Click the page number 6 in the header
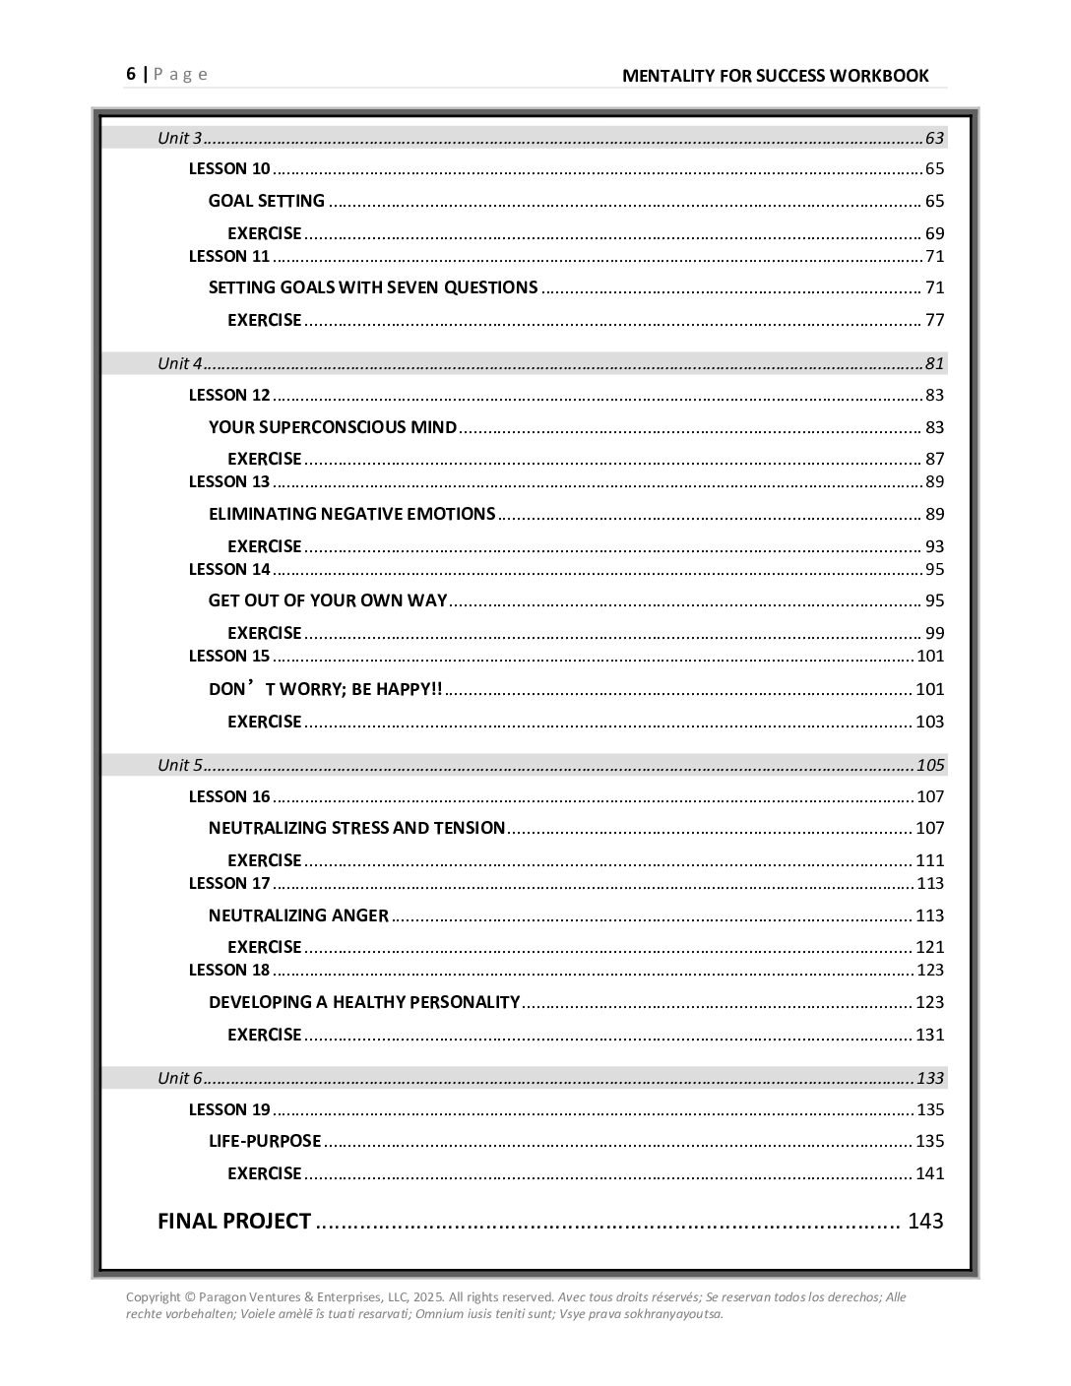pyautogui.click(x=131, y=75)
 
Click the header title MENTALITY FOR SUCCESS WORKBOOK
pyautogui.click(x=775, y=76)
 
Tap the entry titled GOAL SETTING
pyautogui.click(x=266, y=201)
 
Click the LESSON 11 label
pyautogui.click(x=228, y=256)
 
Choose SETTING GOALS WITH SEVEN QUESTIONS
pyautogui.click(x=373, y=287)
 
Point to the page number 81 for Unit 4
pyautogui.click(x=934, y=363)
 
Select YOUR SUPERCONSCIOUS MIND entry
pyautogui.click(x=333, y=427)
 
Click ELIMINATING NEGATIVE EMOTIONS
pyautogui.click(x=351, y=514)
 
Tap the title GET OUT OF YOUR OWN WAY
pyautogui.click(x=328, y=600)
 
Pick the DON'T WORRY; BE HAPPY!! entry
pyautogui.click(x=325, y=689)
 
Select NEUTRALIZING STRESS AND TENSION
pyautogui.click(x=356, y=828)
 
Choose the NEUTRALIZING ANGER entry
pyautogui.click(x=298, y=915)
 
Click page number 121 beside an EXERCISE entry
pyautogui.click(x=929, y=947)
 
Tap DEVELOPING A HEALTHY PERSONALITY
pyautogui.click(x=363, y=1002)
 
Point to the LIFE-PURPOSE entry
pyautogui.click(x=265, y=1141)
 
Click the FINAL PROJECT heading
pyautogui.click(x=234, y=1222)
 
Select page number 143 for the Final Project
pyautogui.click(x=924, y=1222)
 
